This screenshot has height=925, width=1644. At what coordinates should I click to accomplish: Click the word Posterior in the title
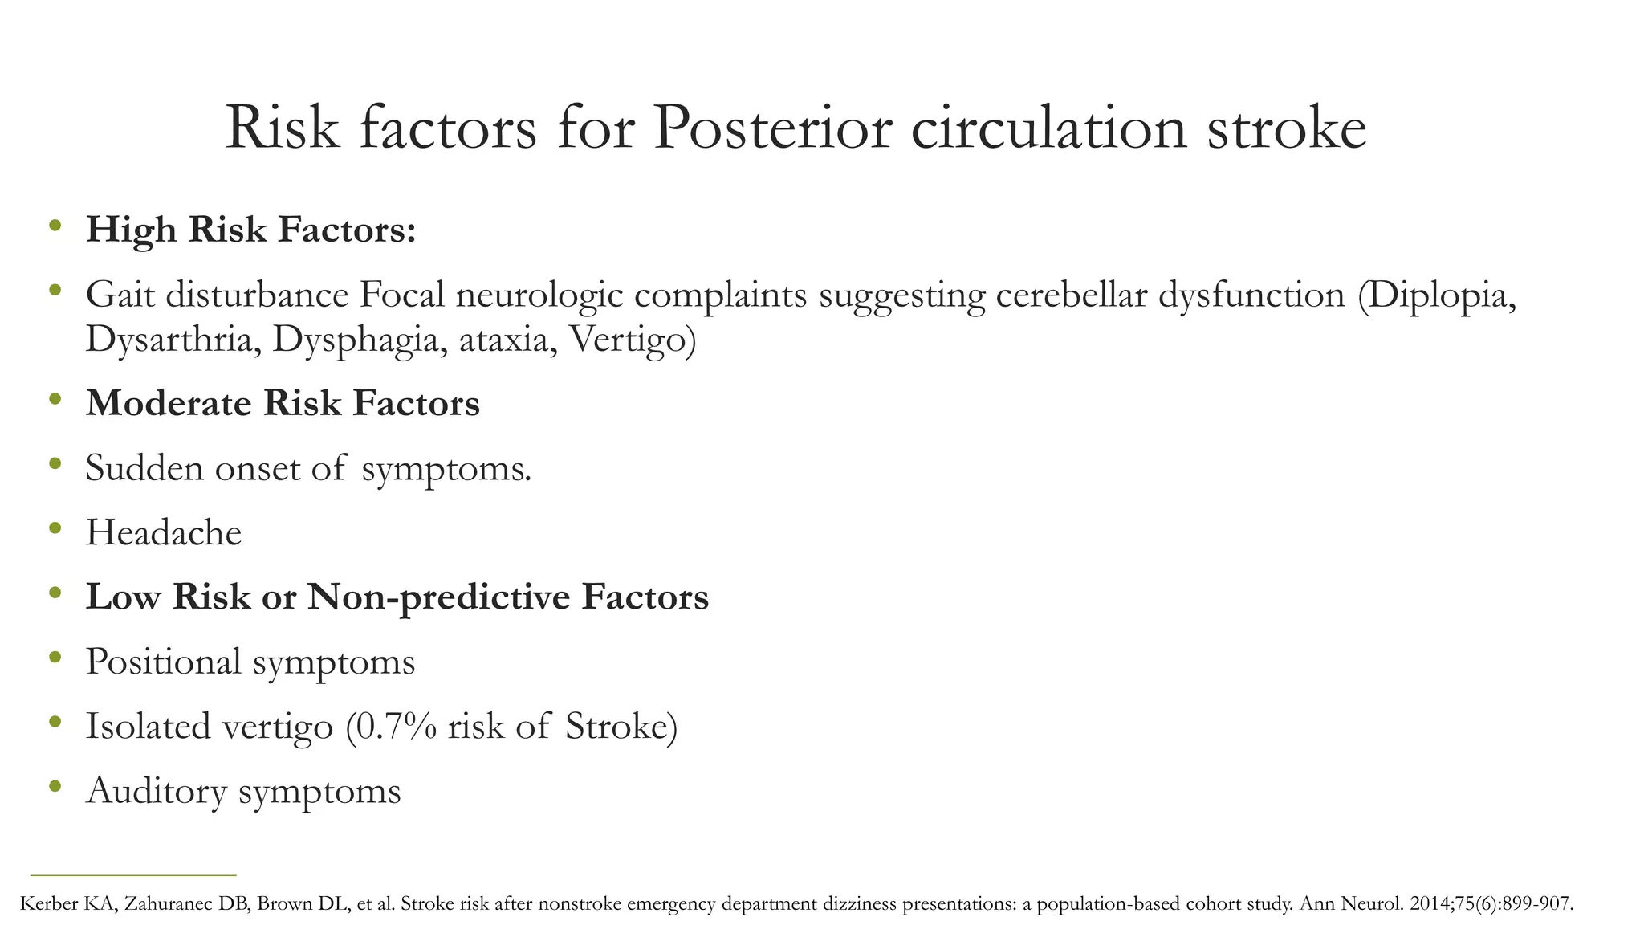click(771, 128)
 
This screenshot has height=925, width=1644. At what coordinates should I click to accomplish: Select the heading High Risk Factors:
click(251, 230)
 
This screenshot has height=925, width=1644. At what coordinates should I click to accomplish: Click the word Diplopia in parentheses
click(1440, 295)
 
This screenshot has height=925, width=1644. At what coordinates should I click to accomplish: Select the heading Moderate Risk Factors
click(283, 403)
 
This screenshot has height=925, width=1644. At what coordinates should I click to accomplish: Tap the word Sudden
click(144, 468)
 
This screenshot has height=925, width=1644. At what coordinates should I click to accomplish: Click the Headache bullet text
click(164, 533)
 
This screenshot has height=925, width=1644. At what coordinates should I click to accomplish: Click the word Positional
click(164, 662)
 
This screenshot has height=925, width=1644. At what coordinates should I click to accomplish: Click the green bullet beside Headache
click(55, 528)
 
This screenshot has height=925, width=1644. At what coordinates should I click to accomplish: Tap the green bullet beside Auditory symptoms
click(55, 786)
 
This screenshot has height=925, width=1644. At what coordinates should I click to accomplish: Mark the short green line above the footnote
click(133, 874)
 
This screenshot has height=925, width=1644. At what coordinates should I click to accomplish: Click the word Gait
click(120, 295)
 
